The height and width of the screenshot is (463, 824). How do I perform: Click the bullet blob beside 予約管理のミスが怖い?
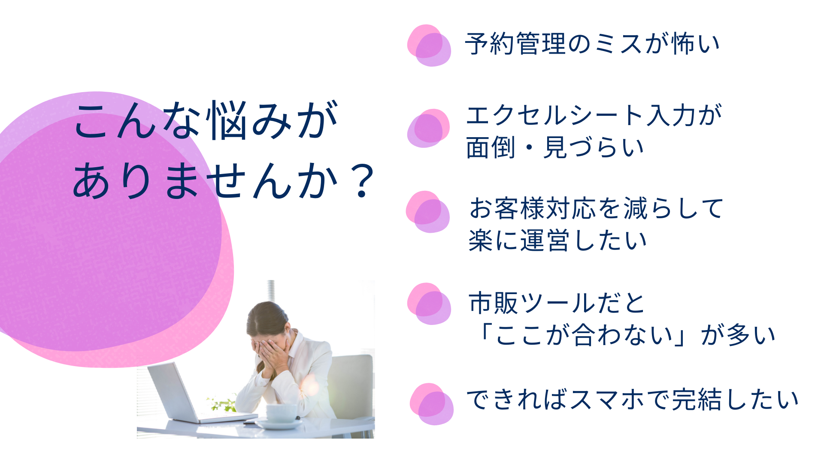429,45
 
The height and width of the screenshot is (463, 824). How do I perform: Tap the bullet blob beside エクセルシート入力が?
428,128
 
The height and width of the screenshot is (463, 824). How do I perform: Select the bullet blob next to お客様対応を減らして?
428,212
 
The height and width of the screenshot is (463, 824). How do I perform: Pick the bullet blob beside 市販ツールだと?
429,304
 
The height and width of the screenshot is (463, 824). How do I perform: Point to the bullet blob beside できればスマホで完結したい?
431,404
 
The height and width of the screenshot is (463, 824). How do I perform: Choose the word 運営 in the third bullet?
545,241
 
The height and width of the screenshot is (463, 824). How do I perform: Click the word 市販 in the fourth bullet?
494,303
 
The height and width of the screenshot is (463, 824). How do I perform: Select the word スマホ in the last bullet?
607,400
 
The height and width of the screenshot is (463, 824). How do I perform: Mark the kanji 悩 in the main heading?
227,121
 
